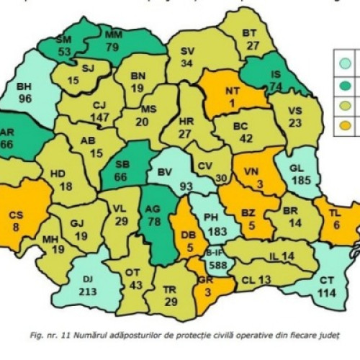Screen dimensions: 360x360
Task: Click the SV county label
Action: tap(186, 51)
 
